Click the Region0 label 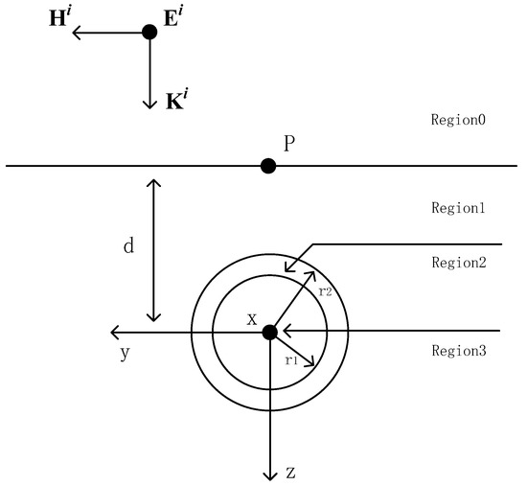click(460, 121)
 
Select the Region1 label click(460, 207)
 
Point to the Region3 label click(460, 351)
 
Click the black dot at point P click(268, 166)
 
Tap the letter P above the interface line click(289, 143)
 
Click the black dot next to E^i click(149, 32)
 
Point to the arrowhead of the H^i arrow click(78, 32)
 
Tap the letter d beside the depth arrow click(127, 246)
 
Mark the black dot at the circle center click(269, 332)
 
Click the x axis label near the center click(251, 318)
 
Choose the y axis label click(126, 353)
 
